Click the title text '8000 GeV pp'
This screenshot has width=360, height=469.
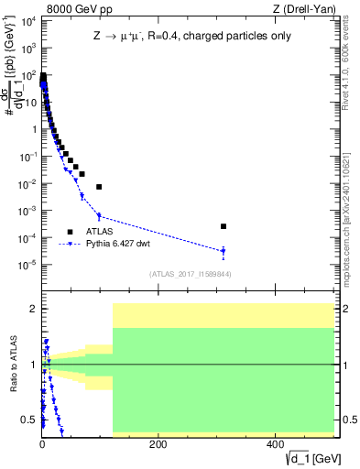pyautogui.click(x=73, y=11)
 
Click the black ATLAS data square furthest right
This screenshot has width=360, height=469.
pyautogui.click(x=224, y=226)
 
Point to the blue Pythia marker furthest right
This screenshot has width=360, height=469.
pyautogui.click(x=224, y=251)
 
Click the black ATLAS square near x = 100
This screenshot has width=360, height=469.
pyautogui.click(x=99, y=187)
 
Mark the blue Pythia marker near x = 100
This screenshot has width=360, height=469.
pyautogui.click(x=99, y=216)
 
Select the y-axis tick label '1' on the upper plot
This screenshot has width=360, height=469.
pyautogui.click(x=32, y=129)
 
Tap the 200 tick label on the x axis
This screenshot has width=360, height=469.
pyautogui.click(x=158, y=444)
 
